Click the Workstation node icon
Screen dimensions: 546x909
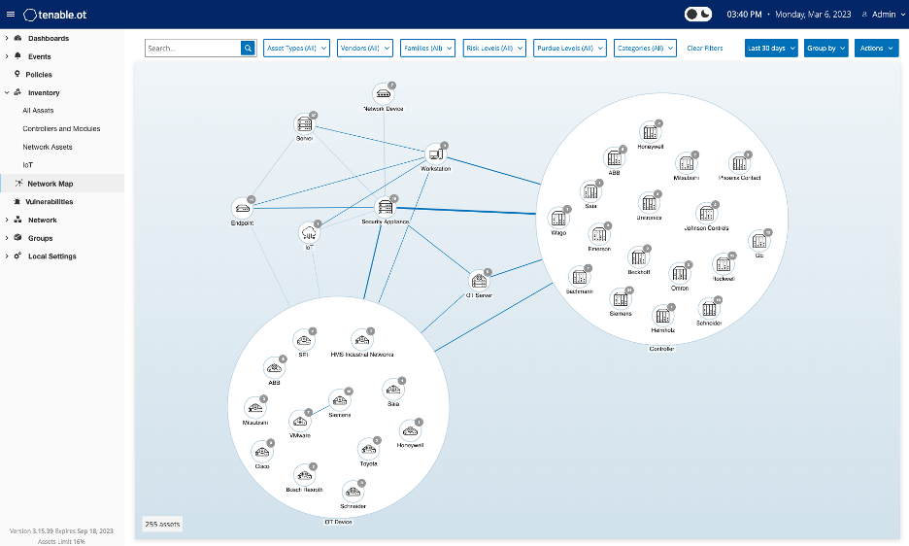pos(435,154)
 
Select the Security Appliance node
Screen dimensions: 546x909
pos(386,207)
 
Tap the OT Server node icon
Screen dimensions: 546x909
pos(478,280)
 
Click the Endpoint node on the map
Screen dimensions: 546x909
pos(242,208)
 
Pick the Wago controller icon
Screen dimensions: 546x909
pos(558,218)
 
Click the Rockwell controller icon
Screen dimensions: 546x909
pos(723,263)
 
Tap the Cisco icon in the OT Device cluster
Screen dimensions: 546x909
pos(262,450)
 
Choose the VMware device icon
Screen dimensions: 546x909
pos(300,421)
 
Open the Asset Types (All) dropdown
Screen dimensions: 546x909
pos(296,48)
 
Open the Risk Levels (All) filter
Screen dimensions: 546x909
pos(494,48)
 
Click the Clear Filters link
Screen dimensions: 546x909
pos(704,48)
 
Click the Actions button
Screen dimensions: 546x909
pos(875,48)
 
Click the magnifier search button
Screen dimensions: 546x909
pos(247,48)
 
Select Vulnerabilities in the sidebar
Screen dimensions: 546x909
pos(49,201)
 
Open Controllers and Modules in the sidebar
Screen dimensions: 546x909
pos(61,128)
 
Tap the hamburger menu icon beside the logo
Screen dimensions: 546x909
pos(11,15)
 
